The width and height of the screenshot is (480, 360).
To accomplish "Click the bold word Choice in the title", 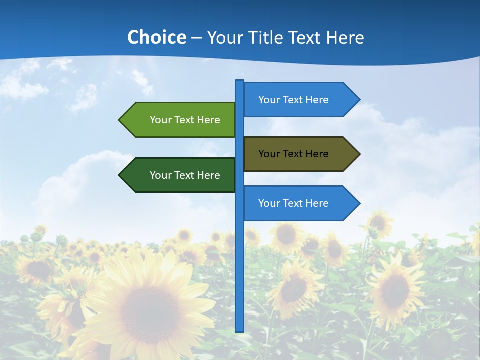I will pos(156,38).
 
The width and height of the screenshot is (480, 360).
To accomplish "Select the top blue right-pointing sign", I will pos(295,100).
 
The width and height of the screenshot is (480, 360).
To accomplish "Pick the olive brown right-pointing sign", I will pos(295,154).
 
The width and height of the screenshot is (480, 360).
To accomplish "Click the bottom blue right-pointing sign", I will pos(295,203).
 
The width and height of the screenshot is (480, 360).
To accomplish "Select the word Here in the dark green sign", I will pos(208,175).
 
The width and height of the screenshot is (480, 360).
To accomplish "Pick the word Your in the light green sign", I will pos(160,120).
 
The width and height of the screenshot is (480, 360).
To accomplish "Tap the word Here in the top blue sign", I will pos(317,100).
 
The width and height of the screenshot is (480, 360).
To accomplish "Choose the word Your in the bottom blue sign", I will pos(269,203).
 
